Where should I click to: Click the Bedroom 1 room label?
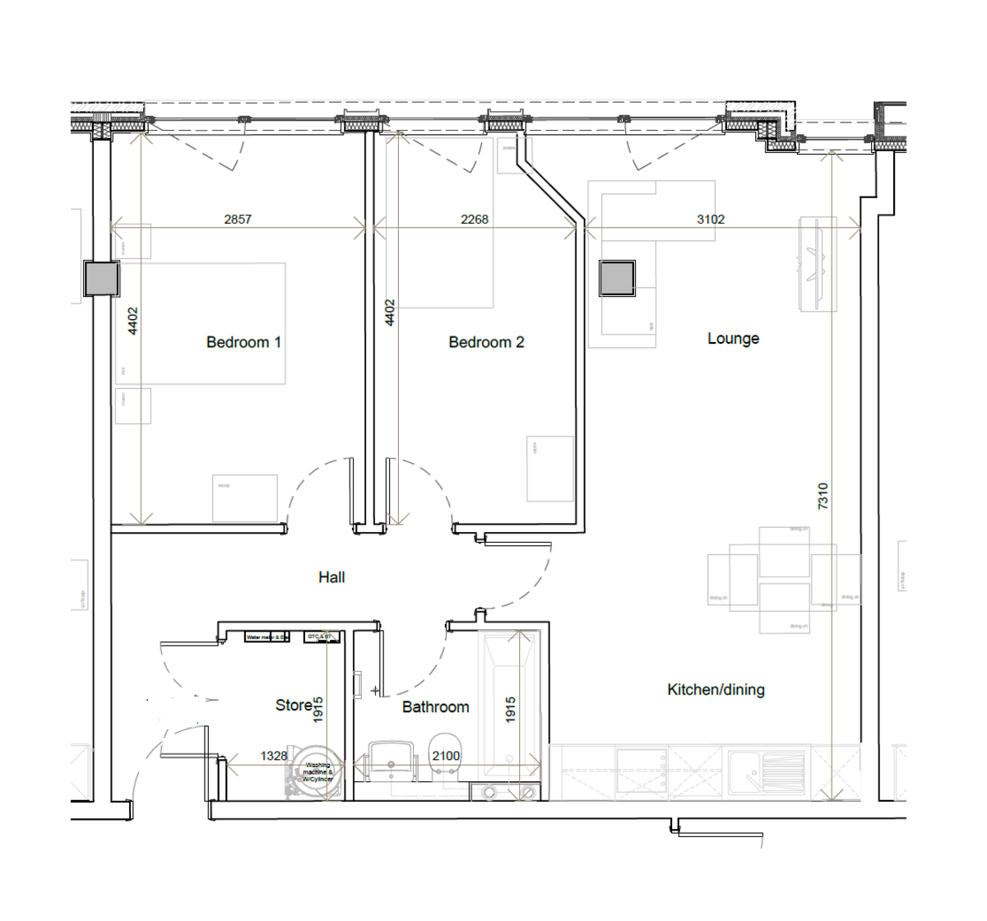(x=243, y=342)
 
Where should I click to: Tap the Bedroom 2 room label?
(x=486, y=342)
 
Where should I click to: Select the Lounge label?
(x=733, y=338)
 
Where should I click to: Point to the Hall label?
(x=331, y=577)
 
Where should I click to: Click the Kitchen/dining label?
(x=716, y=690)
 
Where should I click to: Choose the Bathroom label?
(x=435, y=706)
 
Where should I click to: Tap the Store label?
(x=293, y=705)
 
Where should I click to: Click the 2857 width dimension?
(x=238, y=219)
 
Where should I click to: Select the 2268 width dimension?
(x=475, y=219)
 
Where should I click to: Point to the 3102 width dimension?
(x=711, y=219)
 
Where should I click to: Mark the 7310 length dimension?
(x=823, y=496)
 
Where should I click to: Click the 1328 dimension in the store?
(x=274, y=756)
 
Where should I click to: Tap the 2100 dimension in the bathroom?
(x=446, y=756)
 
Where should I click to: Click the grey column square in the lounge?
(x=617, y=279)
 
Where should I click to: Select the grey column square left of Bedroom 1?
(x=102, y=279)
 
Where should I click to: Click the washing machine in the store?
(x=315, y=771)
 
